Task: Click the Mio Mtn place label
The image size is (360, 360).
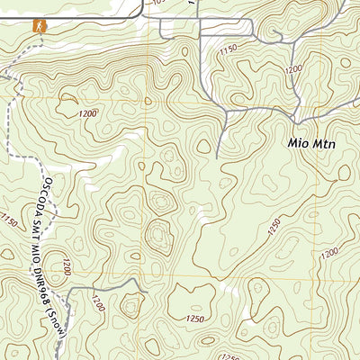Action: tap(309, 142)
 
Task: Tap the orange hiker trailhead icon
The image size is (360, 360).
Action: tap(38, 26)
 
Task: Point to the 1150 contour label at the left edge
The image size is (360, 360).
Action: tap(9, 220)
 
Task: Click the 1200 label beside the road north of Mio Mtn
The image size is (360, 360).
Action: tap(293, 68)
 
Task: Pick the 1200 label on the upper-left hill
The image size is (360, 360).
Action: tap(87, 114)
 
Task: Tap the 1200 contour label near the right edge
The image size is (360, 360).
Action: tap(330, 255)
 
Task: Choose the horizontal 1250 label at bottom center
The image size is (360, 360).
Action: tap(191, 319)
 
